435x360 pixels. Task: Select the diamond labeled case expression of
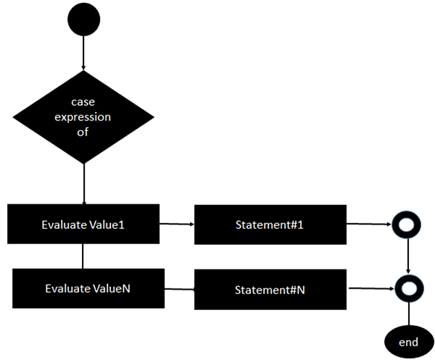[x=84, y=116]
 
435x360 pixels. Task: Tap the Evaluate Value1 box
[x=83, y=224]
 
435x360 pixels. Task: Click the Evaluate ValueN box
[x=87, y=288]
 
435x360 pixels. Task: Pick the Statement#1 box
[x=269, y=225]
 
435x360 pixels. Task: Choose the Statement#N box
[x=270, y=290]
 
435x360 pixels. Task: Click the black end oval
[x=410, y=340]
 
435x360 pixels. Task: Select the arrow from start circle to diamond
[x=84, y=54]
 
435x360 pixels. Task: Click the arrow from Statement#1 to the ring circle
[x=370, y=225]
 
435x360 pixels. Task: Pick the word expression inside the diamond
[x=84, y=116]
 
